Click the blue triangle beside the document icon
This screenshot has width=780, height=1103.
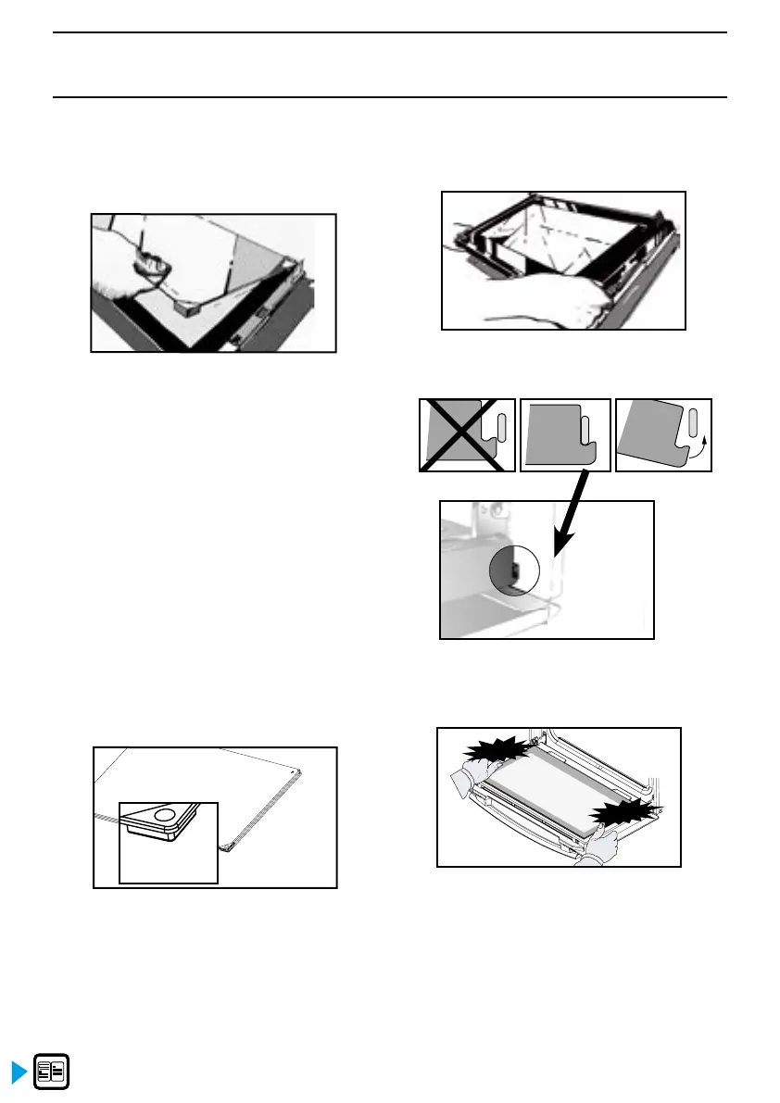click(19, 1072)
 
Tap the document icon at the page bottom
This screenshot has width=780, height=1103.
click(53, 1072)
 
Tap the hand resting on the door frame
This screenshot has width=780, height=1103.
click(556, 299)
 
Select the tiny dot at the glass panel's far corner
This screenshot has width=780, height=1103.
click(295, 770)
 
